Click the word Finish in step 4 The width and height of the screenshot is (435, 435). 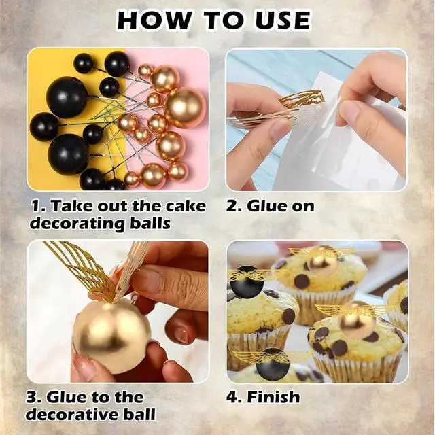(x=273, y=397)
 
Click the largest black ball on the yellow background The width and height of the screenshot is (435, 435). (x=67, y=97)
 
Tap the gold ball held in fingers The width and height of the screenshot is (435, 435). (x=111, y=335)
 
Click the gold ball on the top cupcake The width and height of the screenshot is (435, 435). (x=321, y=261)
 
